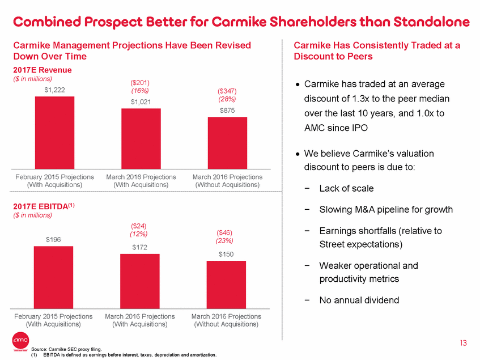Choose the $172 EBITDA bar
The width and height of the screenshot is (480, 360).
139,281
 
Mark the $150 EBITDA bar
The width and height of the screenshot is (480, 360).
226,284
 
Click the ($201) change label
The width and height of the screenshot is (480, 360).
139,82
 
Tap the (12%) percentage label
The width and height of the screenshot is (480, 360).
139,233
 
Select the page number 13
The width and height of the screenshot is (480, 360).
464,342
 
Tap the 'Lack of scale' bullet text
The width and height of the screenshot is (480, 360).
346,188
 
